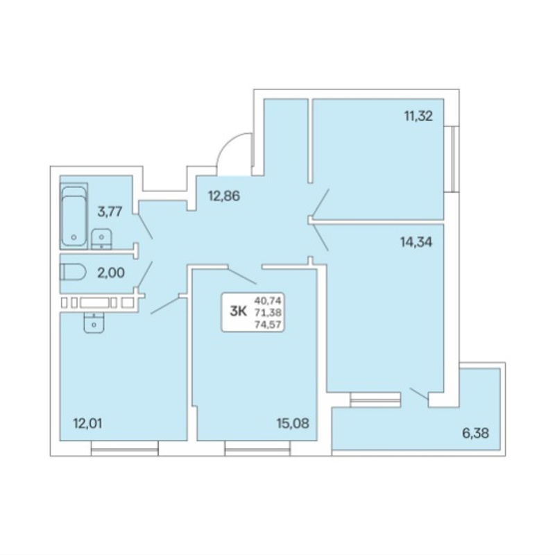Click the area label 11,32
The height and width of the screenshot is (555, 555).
(x=418, y=116)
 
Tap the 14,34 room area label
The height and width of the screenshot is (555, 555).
(x=416, y=242)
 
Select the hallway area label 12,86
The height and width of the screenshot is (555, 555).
(x=224, y=196)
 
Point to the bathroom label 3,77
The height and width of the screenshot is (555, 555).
(x=110, y=212)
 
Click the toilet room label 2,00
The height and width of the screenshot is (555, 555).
(x=111, y=273)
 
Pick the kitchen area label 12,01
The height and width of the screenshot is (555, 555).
(x=87, y=423)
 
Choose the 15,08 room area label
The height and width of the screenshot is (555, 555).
(x=293, y=423)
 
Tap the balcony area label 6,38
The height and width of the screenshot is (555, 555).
(x=476, y=433)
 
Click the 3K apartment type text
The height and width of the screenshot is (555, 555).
(x=238, y=311)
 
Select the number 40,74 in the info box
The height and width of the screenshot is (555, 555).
(x=268, y=301)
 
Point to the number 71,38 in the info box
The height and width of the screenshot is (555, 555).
(x=268, y=313)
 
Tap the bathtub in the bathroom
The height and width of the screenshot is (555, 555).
(x=74, y=216)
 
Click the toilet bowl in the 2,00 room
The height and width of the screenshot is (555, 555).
(x=74, y=273)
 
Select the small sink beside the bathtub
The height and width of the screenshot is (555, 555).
(x=101, y=239)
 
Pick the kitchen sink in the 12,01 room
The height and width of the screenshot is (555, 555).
(x=94, y=323)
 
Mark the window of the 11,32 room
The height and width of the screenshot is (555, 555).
(x=452, y=159)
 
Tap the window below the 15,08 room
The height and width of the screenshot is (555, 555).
(x=257, y=448)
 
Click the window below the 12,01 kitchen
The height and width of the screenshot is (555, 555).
(x=125, y=448)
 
